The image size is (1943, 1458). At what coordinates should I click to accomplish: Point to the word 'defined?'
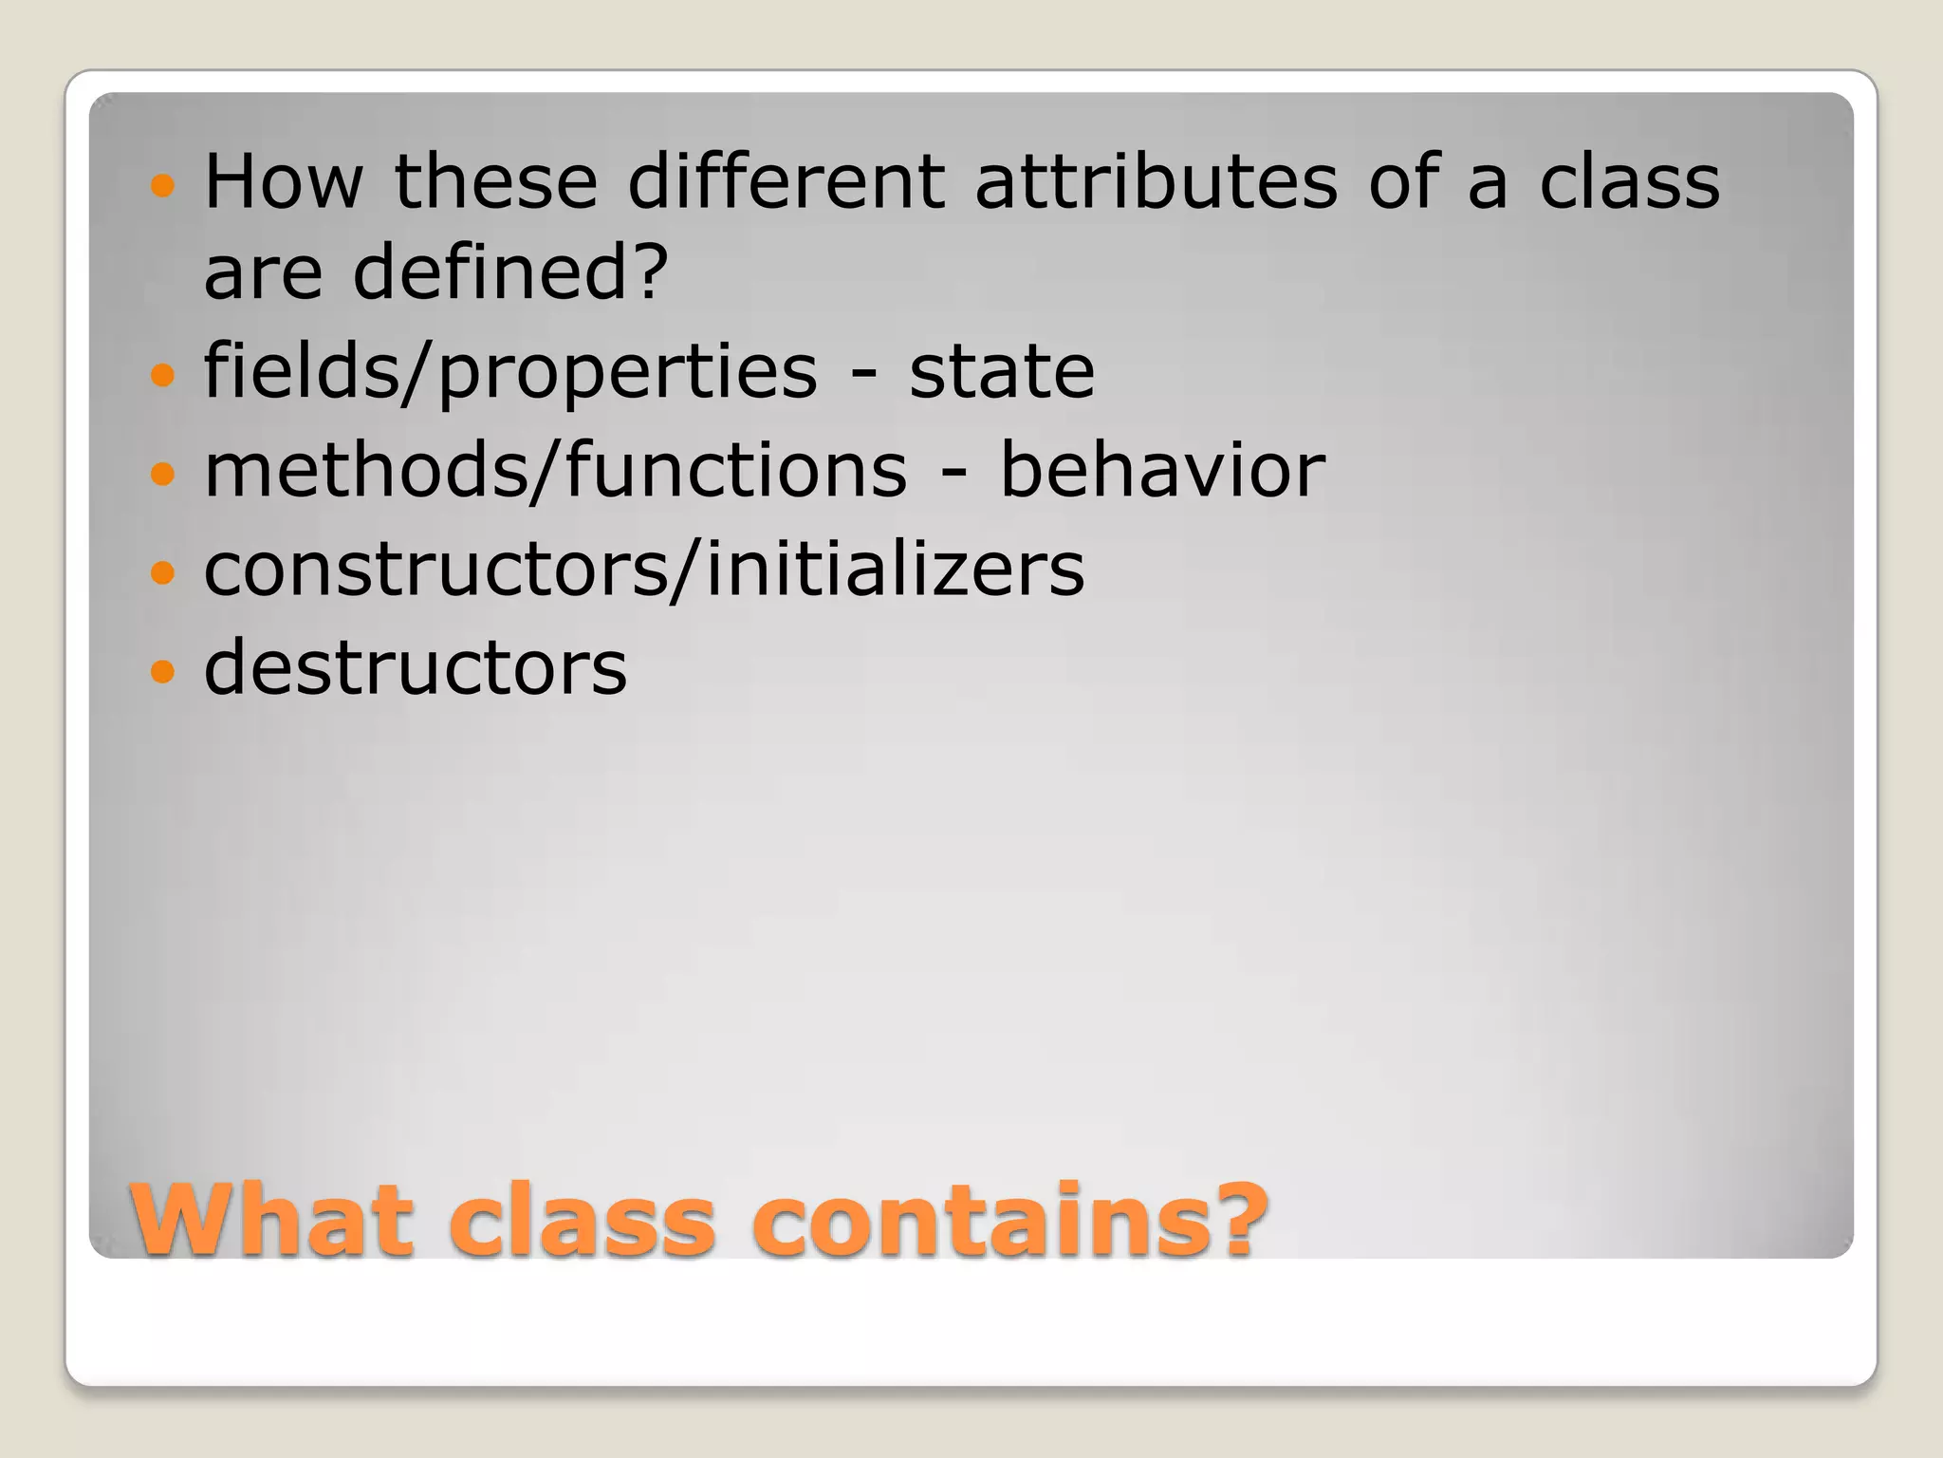coord(510,272)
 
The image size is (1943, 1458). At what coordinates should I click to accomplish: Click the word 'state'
coord(1002,371)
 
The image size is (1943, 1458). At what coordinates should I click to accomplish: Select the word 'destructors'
coord(416,667)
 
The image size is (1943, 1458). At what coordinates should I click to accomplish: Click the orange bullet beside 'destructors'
coord(163,671)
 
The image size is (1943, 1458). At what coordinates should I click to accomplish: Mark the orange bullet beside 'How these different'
coord(163,184)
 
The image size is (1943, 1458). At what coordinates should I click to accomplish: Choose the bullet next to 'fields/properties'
coord(163,375)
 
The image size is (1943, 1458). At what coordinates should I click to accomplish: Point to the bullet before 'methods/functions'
coord(163,474)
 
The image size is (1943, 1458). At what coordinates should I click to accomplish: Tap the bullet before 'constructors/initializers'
coord(163,572)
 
